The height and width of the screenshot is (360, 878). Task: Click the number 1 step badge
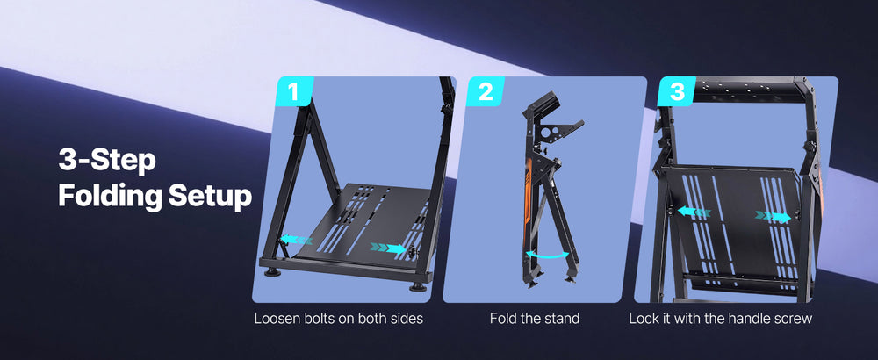tap(294, 90)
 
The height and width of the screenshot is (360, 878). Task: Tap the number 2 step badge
tap(485, 90)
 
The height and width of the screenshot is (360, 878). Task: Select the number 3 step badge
tap(676, 90)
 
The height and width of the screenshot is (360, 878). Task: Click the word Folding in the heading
tap(110, 197)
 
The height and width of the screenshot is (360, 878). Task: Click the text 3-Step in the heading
tap(107, 162)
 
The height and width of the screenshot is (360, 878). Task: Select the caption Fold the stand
tap(534, 319)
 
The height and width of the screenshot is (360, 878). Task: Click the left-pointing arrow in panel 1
tap(296, 240)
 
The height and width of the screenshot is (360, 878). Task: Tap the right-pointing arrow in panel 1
tap(388, 248)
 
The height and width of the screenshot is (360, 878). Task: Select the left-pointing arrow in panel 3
tap(694, 212)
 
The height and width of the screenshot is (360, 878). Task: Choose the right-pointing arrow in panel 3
tap(774, 216)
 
